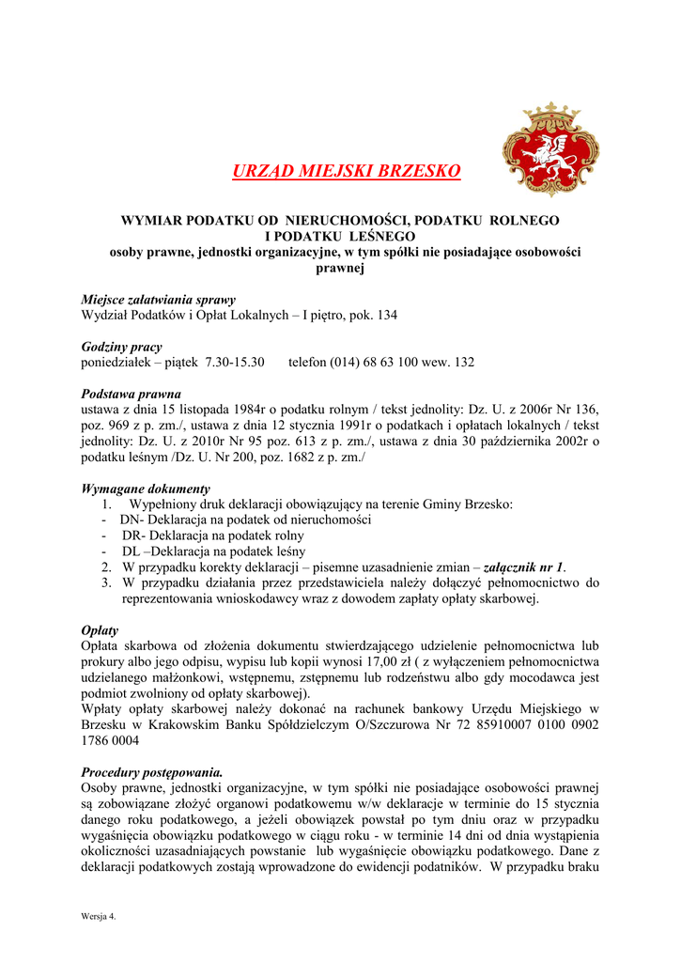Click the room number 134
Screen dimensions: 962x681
(386, 316)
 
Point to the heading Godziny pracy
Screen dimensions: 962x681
(122, 347)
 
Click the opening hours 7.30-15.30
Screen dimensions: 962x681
(235, 362)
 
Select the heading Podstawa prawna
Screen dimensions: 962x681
(132, 394)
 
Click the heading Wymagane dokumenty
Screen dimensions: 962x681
(147, 489)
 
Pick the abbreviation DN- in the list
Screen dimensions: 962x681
(131, 520)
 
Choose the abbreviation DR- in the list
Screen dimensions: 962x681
(132, 535)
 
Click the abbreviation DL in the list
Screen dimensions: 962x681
(132, 551)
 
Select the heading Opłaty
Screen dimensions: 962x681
(101, 630)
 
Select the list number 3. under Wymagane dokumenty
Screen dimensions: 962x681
(107, 583)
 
